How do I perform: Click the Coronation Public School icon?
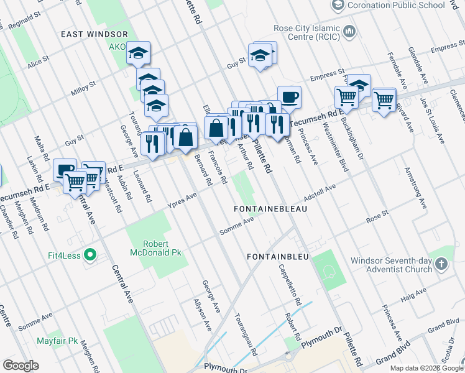[338, 6]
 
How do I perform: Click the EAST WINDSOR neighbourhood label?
[94, 34]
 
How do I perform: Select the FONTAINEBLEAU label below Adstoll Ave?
[270, 210]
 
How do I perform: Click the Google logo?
[21, 366]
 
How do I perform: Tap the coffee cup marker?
[289, 97]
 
